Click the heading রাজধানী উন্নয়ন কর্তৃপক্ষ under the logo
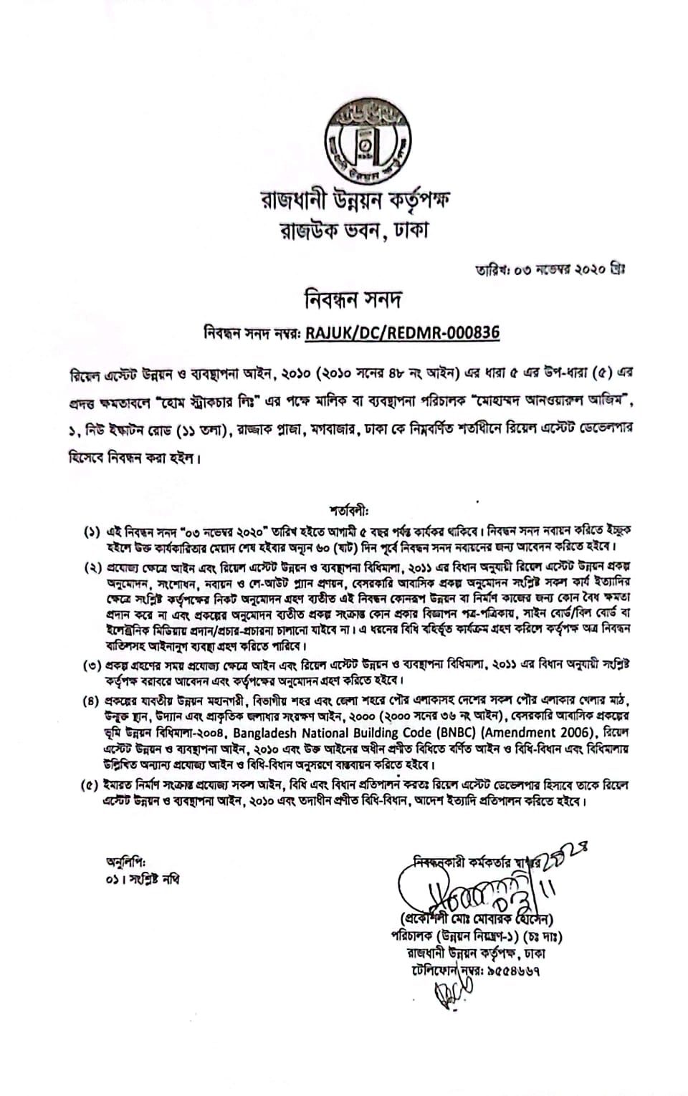356,201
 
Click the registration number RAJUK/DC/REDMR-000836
402,332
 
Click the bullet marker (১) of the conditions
92,533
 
